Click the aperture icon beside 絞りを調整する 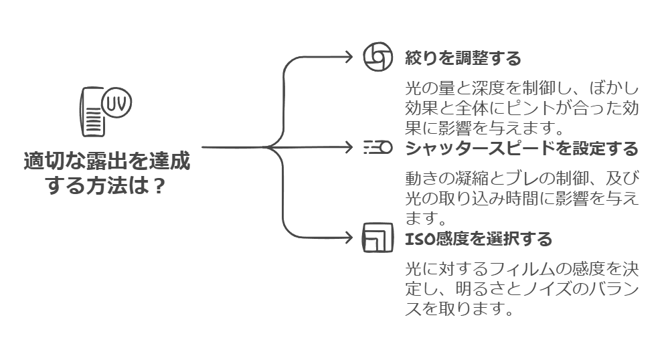coord(378,58)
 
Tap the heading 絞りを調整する coord(463,58)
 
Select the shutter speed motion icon coord(378,147)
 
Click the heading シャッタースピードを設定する coord(522,148)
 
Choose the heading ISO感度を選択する coord(479,238)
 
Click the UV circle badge coord(118,104)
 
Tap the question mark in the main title coord(158,185)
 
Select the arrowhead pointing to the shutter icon coord(348,147)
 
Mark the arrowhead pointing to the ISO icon coord(348,237)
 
